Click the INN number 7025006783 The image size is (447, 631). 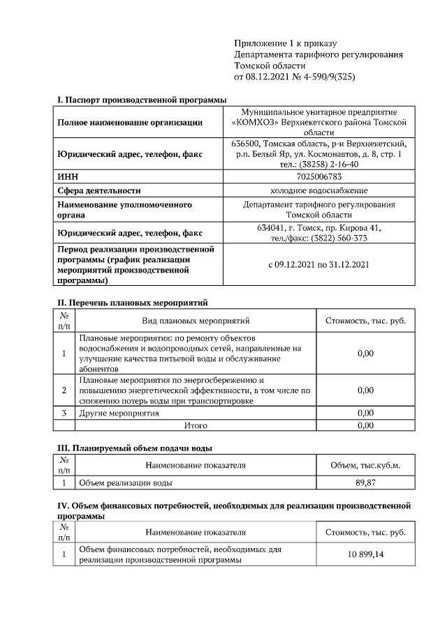(x=318, y=177)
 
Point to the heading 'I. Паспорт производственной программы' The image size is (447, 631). (x=142, y=100)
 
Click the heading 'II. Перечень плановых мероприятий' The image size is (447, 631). (x=132, y=303)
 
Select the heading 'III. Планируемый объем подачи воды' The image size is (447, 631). (x=134, y=448)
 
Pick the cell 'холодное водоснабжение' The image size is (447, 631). (x=318, y=190)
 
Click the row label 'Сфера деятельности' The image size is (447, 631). (x=99, y=190)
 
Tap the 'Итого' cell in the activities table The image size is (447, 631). (x=196, y=425)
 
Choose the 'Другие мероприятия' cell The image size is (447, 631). (x=119, y=413)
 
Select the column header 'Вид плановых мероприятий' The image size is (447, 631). (x=196, y=321)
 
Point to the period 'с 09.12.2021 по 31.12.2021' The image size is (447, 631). (x=318, y=265)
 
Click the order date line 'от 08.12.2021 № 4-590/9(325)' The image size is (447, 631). (x=295, y=76)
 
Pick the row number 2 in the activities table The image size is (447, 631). (x=64, y=390)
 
